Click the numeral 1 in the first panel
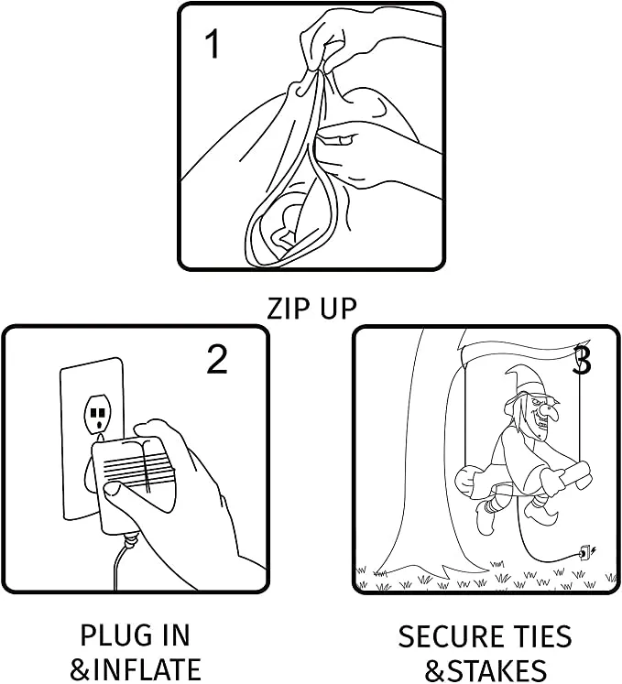[212, 43]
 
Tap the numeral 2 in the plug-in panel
[216, 360]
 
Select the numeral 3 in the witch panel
[582, 361]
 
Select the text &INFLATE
[136, 668]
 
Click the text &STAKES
[486, 668]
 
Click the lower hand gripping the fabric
[366, 151]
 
